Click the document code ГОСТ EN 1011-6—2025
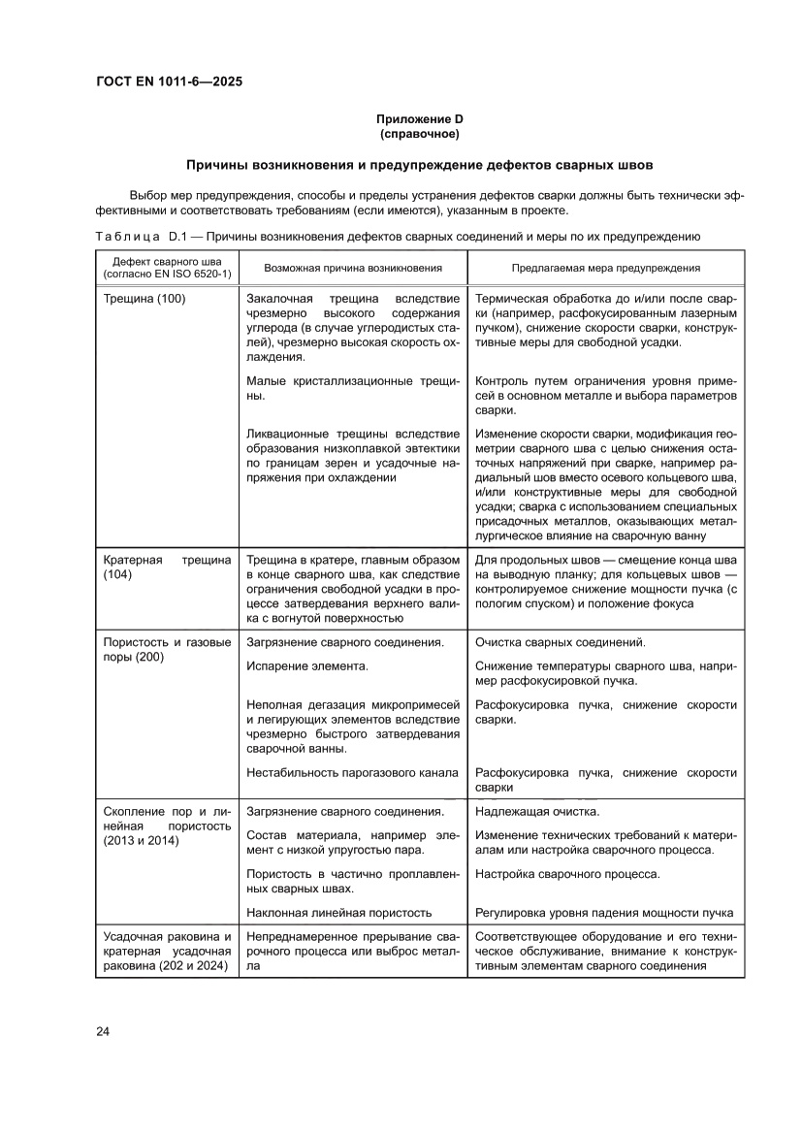click(x=169, y=81)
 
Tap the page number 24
click(x=103, y=1030)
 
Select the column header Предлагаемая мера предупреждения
click(x=606, y=267)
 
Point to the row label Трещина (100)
click(x=144, y=299)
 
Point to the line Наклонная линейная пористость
click(x=338, y=913)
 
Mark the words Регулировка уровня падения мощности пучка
click(x=604, y=913)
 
